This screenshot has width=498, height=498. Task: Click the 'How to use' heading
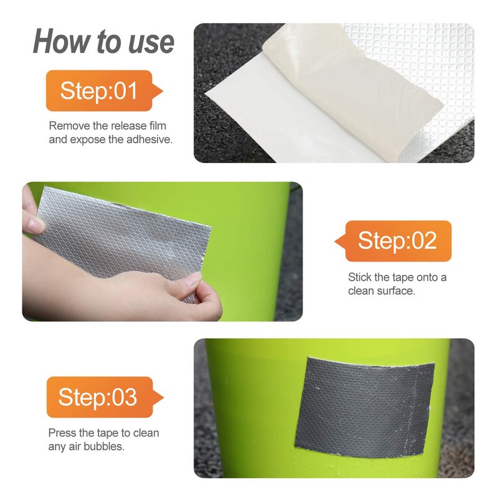coord(103,42)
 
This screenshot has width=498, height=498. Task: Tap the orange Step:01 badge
coord(104,91)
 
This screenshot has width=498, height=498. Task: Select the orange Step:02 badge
coord(393,241)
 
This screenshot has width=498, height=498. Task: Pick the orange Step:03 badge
coord(105,397)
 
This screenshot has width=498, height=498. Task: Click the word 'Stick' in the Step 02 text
coord(360,277)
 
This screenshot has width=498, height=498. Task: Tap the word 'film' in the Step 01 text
coord(157,126)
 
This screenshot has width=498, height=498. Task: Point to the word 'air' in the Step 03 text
coord(75,446)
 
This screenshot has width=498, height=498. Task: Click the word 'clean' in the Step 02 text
coord(361,291)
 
